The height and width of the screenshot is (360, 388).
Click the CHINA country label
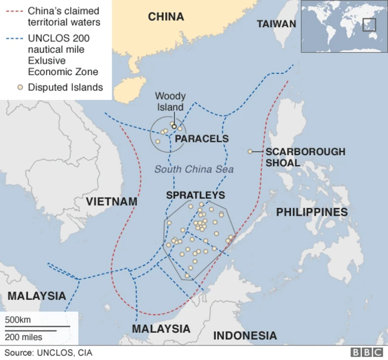click(166, 17)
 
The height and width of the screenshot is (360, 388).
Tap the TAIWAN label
click(276, 24)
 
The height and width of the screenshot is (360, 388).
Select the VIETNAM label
click(112, 201)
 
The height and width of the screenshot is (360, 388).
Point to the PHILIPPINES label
click(312, 212)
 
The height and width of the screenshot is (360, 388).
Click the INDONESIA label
click(245, 335)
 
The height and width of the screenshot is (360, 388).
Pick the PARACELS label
click(201, 139)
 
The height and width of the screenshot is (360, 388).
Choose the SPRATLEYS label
click(195, 195)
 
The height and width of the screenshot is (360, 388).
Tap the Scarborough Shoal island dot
click(250, 152)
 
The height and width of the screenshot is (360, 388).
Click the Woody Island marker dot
click(173, 126)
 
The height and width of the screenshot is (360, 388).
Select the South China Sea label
click(193, 169)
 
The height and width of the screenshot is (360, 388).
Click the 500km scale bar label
click(18, 319)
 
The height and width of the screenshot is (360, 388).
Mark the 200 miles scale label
click(24, 337)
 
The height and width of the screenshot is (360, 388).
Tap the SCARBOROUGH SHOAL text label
click(305, 157)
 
